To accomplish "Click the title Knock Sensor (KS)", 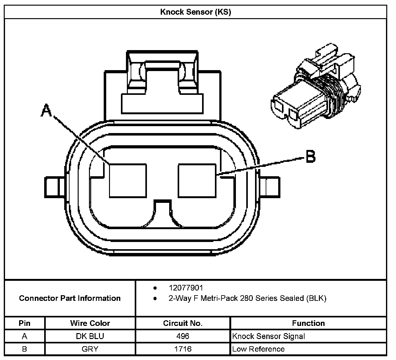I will tap(195, 12).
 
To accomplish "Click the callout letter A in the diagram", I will tap(46, 111).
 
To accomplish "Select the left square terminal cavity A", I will tap(128, 181).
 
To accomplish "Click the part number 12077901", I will tap(186, 288).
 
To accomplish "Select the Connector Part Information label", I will tap(70, 298).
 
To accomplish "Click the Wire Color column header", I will tap(90, 323).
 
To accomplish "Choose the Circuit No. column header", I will tap(183, 323).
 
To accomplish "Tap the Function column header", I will tap(308, 323).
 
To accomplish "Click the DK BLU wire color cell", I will tap(90, 336).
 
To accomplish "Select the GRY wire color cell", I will tap(90, 349).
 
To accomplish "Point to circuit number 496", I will tap(183, 336).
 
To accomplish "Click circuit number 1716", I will tap(183, 349).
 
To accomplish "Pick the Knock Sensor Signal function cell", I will tap(268, 336).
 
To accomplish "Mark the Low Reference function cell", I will tap(258, 349).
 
